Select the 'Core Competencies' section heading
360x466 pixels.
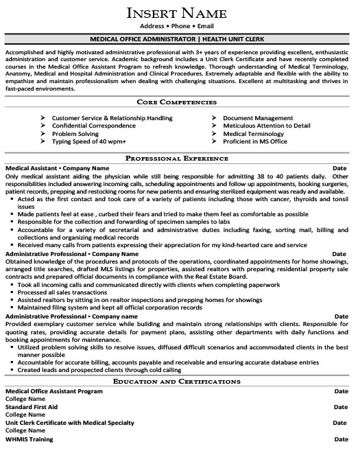pyautogui.click(x=180, y=101)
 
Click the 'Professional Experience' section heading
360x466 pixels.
pyautogui.click(x=180, y=158)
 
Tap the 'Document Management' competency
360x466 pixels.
pyautogui.click(x=258, y=118)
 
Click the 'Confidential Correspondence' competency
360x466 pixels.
pyautogui.click(x=93, y=126)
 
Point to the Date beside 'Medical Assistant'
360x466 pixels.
pyautogui.click(x=340, y=167)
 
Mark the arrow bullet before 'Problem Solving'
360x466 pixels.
pyautogui.click(x=44, y=133)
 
